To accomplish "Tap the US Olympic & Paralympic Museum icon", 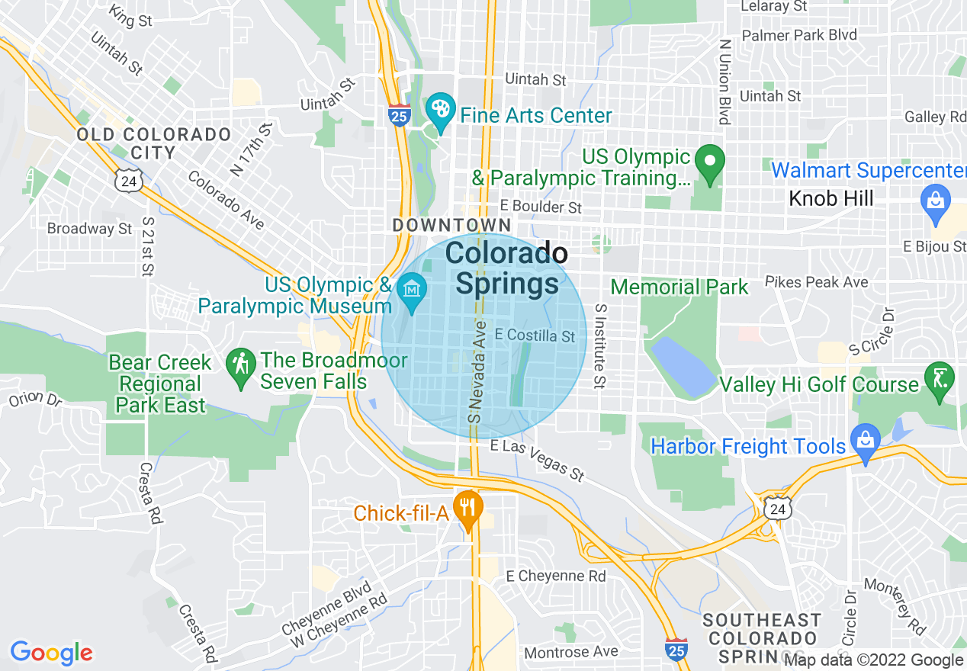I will point(413,290).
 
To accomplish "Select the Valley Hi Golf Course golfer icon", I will point(938,377).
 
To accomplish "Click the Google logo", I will point(51,653).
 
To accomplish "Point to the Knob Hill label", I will point(830,199).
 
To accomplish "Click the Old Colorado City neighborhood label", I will point(153,143).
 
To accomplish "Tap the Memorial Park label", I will point(679,287).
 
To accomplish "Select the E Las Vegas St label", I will point(538,459).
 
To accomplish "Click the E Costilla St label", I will point(535,335).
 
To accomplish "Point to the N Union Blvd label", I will point(724,82).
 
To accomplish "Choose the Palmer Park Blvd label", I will point(799,35).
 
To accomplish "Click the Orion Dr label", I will point(35,399).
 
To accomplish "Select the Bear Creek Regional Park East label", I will point(160,384).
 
